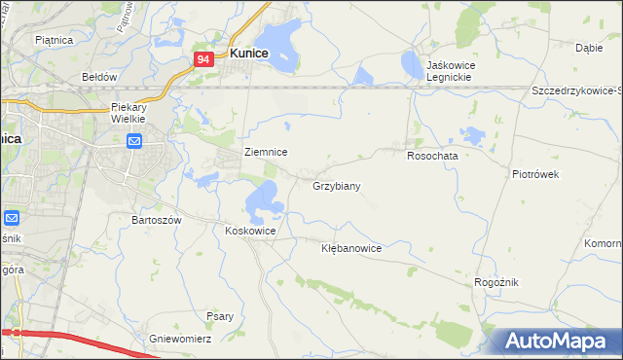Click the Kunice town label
(x=248, y=54)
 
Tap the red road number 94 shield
(x=203, y=60)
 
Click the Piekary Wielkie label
(x=128, y=112)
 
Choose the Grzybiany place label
(x=337, y=185)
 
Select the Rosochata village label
(x=432, y=155)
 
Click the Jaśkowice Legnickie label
(x=435, y=71)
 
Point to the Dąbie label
(x=588, y=47)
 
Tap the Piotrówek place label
(x=534, y=174)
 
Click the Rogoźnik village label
(x=495, y=281)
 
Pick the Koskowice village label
(x=250, y=231)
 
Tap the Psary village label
(x=219, y=315)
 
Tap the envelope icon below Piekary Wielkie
(x=135, y=143)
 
